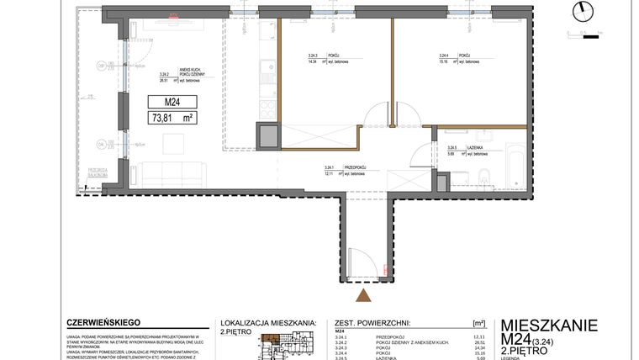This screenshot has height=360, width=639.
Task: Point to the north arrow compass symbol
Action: pos(580,11)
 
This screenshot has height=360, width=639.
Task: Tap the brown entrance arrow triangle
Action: pos(363,294)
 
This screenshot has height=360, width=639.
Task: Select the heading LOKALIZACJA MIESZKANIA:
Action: pos(267,322)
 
